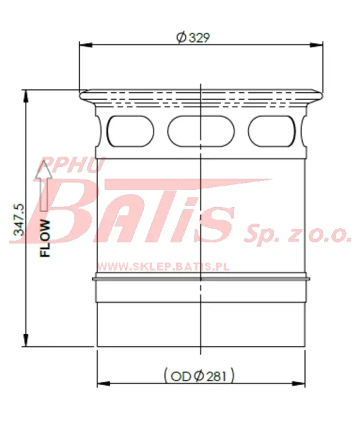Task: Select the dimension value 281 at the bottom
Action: [x=216, y=376]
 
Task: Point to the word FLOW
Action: [x=45, y=239]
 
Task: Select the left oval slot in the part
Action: [x=130, y=131]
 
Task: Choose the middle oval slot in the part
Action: [x=201, y=131]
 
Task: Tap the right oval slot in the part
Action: [x=272, y=131]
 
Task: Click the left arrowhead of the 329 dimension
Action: [x=85, y=45]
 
